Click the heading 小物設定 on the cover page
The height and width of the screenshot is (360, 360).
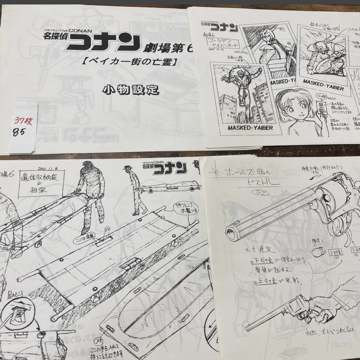click(x=130, y=89)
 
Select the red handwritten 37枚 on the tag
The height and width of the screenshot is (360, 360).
click(x=23, y=121)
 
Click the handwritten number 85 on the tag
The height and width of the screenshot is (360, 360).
click(x=18, y=132)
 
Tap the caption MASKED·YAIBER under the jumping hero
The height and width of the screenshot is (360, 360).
click(x=250, y=128)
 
